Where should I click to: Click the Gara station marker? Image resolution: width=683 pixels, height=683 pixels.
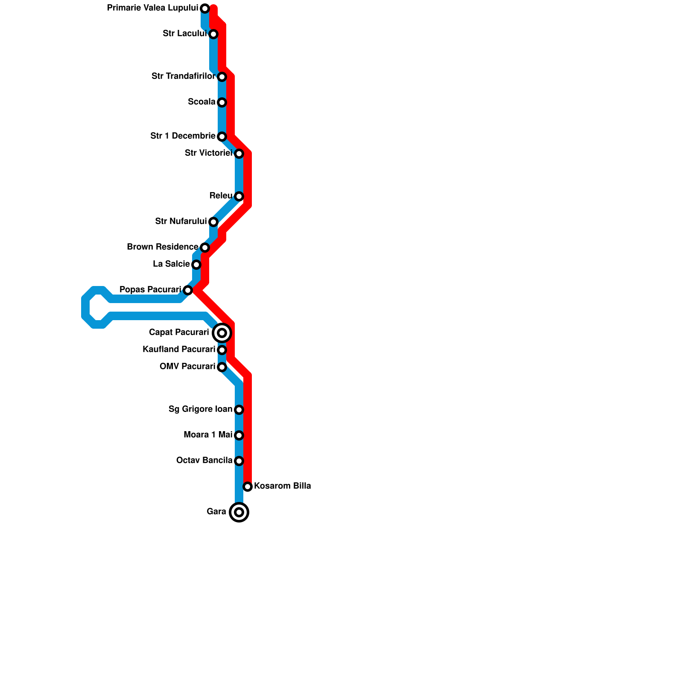(x=239, y=512)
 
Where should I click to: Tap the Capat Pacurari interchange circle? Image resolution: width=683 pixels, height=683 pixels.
(x=222, y=333)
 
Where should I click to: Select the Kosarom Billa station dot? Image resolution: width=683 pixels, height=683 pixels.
(x=248, y=487)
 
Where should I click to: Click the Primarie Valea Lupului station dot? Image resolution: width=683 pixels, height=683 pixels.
(x=205, y=9)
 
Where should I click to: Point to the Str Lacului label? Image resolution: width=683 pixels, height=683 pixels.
(x=184, y=34)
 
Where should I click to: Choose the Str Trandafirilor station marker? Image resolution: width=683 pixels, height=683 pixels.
(x=222, y=77)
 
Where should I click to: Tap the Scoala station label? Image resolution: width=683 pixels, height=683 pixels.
(x=201, y=102)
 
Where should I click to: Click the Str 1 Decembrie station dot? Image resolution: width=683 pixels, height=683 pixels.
(x=222, y=137)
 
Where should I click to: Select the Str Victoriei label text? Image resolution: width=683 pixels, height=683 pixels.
(x=208, y=153)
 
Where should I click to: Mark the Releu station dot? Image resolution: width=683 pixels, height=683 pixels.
(x=239, y=196)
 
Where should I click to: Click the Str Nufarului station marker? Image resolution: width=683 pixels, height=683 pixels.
(x=213, y=222)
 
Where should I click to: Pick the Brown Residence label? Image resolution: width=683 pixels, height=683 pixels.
(x=162, y=247)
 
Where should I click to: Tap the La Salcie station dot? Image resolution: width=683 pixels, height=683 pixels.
(x=196, y=265)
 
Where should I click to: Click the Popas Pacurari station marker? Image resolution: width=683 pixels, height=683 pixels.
(x=188, y=290)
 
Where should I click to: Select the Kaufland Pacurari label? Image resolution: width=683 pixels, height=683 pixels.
(x=179, y=350)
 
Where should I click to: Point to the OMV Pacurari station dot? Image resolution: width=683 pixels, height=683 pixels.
(x=222, y=367)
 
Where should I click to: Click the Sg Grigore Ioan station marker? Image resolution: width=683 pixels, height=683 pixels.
(x=239, y=410)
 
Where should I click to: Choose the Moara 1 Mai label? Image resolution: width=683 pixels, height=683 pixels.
(x=208, y=435)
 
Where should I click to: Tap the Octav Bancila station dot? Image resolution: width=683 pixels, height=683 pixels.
(x=239, y=461)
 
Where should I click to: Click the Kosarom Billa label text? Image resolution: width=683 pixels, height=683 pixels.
(x=283, y=486)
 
